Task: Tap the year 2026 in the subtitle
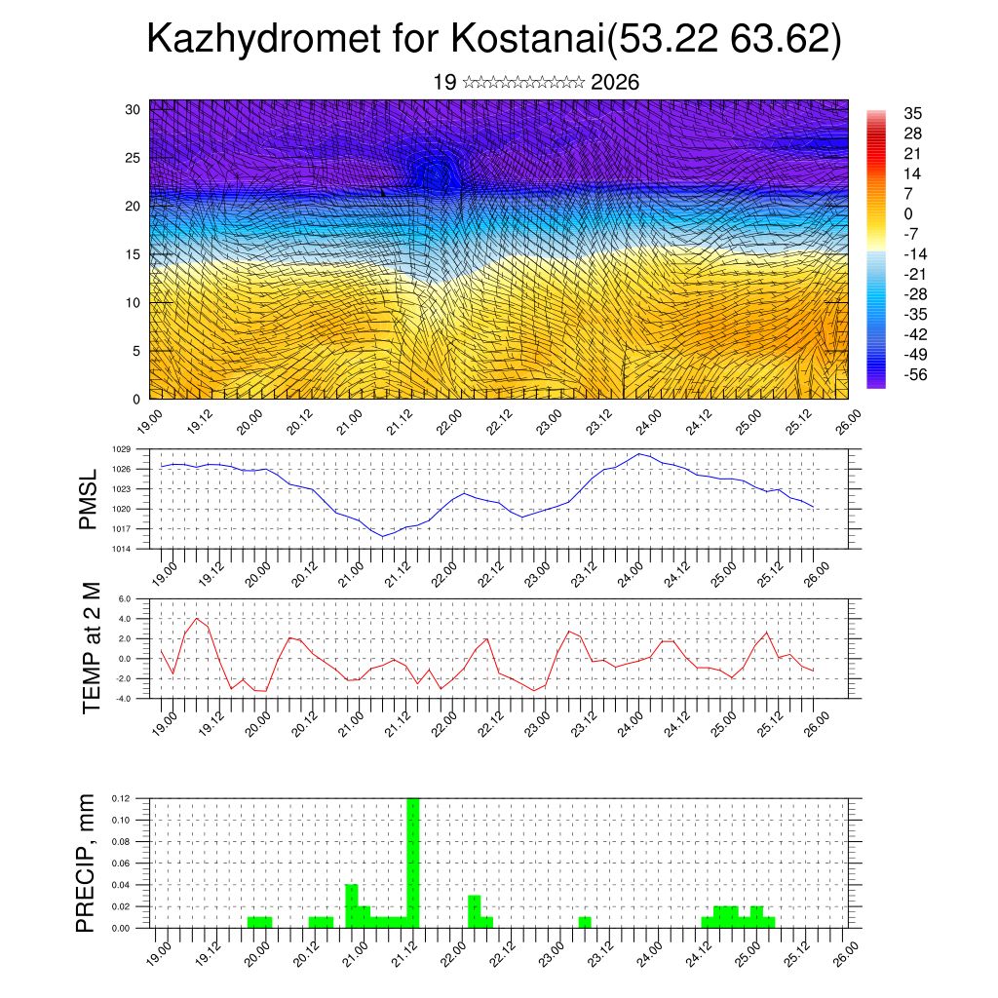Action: click(615, 83)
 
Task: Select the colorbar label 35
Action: click(913, 114)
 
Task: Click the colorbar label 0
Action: click(908, 214)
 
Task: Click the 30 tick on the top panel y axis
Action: click(134, 109)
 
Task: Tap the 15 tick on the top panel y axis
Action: click(134, 254)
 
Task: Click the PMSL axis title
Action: click(89, 499)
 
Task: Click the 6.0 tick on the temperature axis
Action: click(125, 599)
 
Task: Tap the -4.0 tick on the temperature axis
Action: click(124, 698)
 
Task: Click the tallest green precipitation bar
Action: click(412, 863)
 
